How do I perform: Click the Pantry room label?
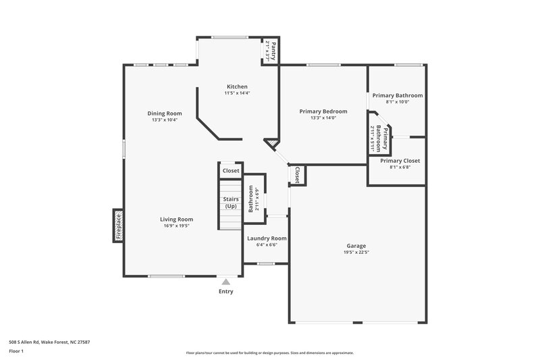pyautogui.click(x=270, y=49)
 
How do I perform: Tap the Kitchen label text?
pyautogui.click(x=237, y=86)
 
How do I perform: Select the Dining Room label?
pyautogui.click(x=165, y=113)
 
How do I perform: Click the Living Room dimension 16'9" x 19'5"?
pyautogui.click(x=176, y=226)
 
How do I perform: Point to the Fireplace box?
pyautogui.click(x=117, y=226)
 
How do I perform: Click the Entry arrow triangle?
pyautogui.click(x=225, y=282)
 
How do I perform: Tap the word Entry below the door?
pyautogui.click(x=225, y=292)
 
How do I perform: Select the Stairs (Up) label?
pyautogui.click(x=230, y=203)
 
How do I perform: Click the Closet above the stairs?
pyautogui.click(x=231, y=171)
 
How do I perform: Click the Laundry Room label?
pyautogui.click(x=267, y=238)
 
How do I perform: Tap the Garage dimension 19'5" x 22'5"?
pyautogui.click(x=356, y=253)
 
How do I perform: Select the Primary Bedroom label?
pyautogui.click(x=323, y=111)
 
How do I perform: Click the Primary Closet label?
pyautogui.click(x=400, y=161)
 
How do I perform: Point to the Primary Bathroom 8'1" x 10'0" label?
pyautogui.click(x=397, y=102)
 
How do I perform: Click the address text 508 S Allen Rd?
pyautogui.click(x=49, y=342)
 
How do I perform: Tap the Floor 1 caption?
pyautogui.click(x=17, y=351)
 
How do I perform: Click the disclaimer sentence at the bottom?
pyautogui.click(x=269, y=353)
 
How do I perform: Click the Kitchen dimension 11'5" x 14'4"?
pyautogui.click(x=237, y=93)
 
